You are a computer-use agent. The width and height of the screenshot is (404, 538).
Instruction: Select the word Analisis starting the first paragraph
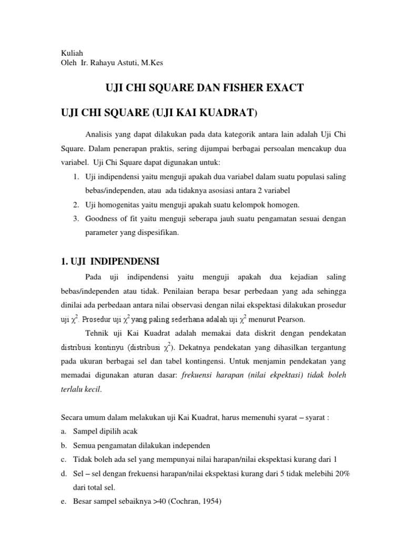[x=98, y=136]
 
